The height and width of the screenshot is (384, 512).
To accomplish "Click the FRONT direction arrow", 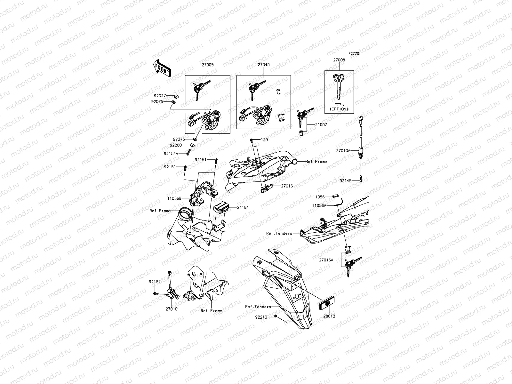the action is (x=162, y=68).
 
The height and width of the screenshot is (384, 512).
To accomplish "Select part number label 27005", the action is (x=208, y=65).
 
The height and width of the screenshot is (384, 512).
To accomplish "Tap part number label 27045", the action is (x=264, y=65).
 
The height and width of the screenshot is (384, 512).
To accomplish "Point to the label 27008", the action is (x=339, y=60).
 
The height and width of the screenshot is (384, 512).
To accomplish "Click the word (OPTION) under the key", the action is (x=339, y=109).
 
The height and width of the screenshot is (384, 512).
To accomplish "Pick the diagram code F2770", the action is (x=354, y=53).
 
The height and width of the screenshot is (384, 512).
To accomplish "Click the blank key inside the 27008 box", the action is (x=339, y=86).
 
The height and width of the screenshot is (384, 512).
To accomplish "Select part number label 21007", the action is (x=321, y=124).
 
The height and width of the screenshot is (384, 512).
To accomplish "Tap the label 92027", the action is (x=160, y=96).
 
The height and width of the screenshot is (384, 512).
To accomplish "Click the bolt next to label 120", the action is (x=251, y=140).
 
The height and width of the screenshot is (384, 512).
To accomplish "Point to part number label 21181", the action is (x=243, y=207).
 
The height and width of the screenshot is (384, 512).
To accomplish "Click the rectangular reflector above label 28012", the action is (x=327, y=303).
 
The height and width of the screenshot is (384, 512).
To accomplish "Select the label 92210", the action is (x=261, y=317).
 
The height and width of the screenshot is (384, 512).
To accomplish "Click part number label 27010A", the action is (x=343, y=151).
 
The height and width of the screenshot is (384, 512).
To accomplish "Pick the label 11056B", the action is (x=174, y=198).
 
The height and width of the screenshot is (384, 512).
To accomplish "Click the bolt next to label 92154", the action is (x=156, y=293).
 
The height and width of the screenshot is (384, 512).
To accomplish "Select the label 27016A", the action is (x=326, y=260).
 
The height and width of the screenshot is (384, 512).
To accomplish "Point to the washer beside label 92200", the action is (x=192, y=145).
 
